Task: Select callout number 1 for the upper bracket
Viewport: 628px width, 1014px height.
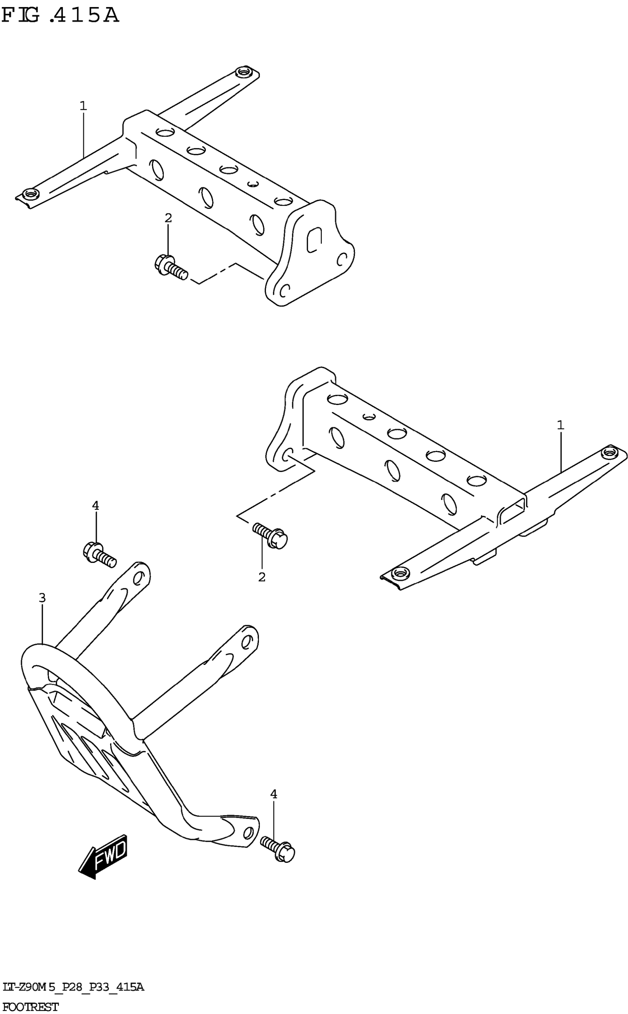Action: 83,106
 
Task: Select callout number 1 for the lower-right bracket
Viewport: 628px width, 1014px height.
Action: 560,425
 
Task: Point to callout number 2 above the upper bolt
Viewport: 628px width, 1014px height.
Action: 168,217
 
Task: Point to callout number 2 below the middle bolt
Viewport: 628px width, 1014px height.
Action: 262,577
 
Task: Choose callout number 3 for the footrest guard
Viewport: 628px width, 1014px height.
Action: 42,598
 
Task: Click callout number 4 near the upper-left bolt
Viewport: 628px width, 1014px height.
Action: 96,506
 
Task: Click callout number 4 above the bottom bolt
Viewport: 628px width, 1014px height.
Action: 273,794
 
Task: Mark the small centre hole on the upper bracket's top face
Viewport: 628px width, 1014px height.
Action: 253,184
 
